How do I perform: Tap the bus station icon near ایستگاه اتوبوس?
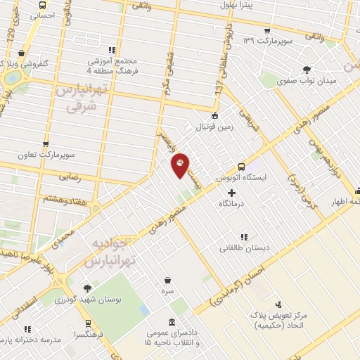[x=242, y=167]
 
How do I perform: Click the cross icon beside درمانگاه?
[x=233, y=192]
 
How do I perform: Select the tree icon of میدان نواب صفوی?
[x=306, y=70]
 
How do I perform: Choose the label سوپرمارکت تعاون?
[x=47, y=153]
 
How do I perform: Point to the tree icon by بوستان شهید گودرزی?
[x=87, y=288]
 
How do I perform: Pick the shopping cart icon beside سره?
[x=167, y=279]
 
